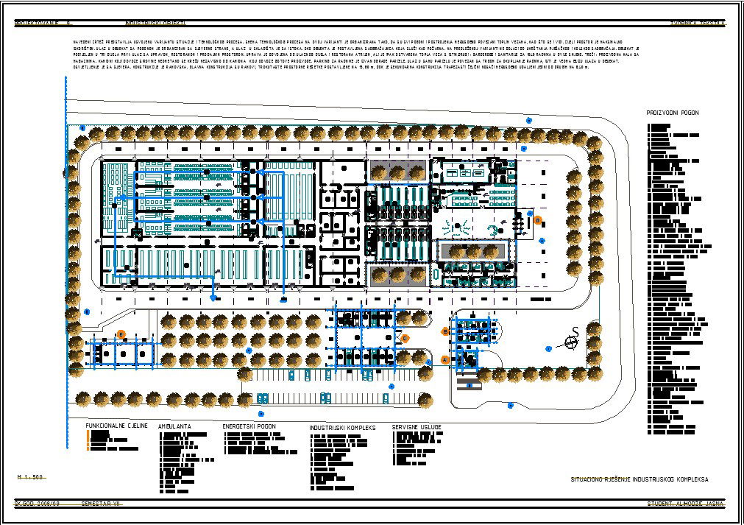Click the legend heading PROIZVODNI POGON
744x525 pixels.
pos(673,113)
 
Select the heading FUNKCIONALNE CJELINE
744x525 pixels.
pos(117,426)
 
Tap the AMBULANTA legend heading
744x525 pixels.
pos(174,426)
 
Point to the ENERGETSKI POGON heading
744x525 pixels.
pos(249,426)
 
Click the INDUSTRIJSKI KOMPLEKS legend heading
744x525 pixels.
pos(342,427)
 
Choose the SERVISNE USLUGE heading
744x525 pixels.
pos(417,427)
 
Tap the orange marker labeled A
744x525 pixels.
pos(444,359)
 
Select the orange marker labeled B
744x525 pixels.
pos(445,332)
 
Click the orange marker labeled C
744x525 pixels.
pos(405,338)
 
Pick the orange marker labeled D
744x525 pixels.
pos(538,219)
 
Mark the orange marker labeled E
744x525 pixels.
pos(121,334)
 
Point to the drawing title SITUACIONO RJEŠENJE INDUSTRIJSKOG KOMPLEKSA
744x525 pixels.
pos(640,479)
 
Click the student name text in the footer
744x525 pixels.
pos(686,504)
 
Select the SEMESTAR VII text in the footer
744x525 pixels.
pos(100,504)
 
